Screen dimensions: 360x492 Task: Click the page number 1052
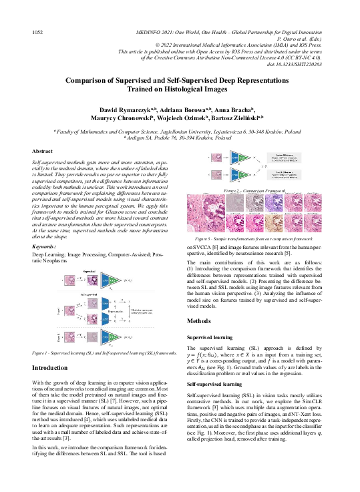point(39,31)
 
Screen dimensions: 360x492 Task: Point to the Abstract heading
point(42,152)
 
